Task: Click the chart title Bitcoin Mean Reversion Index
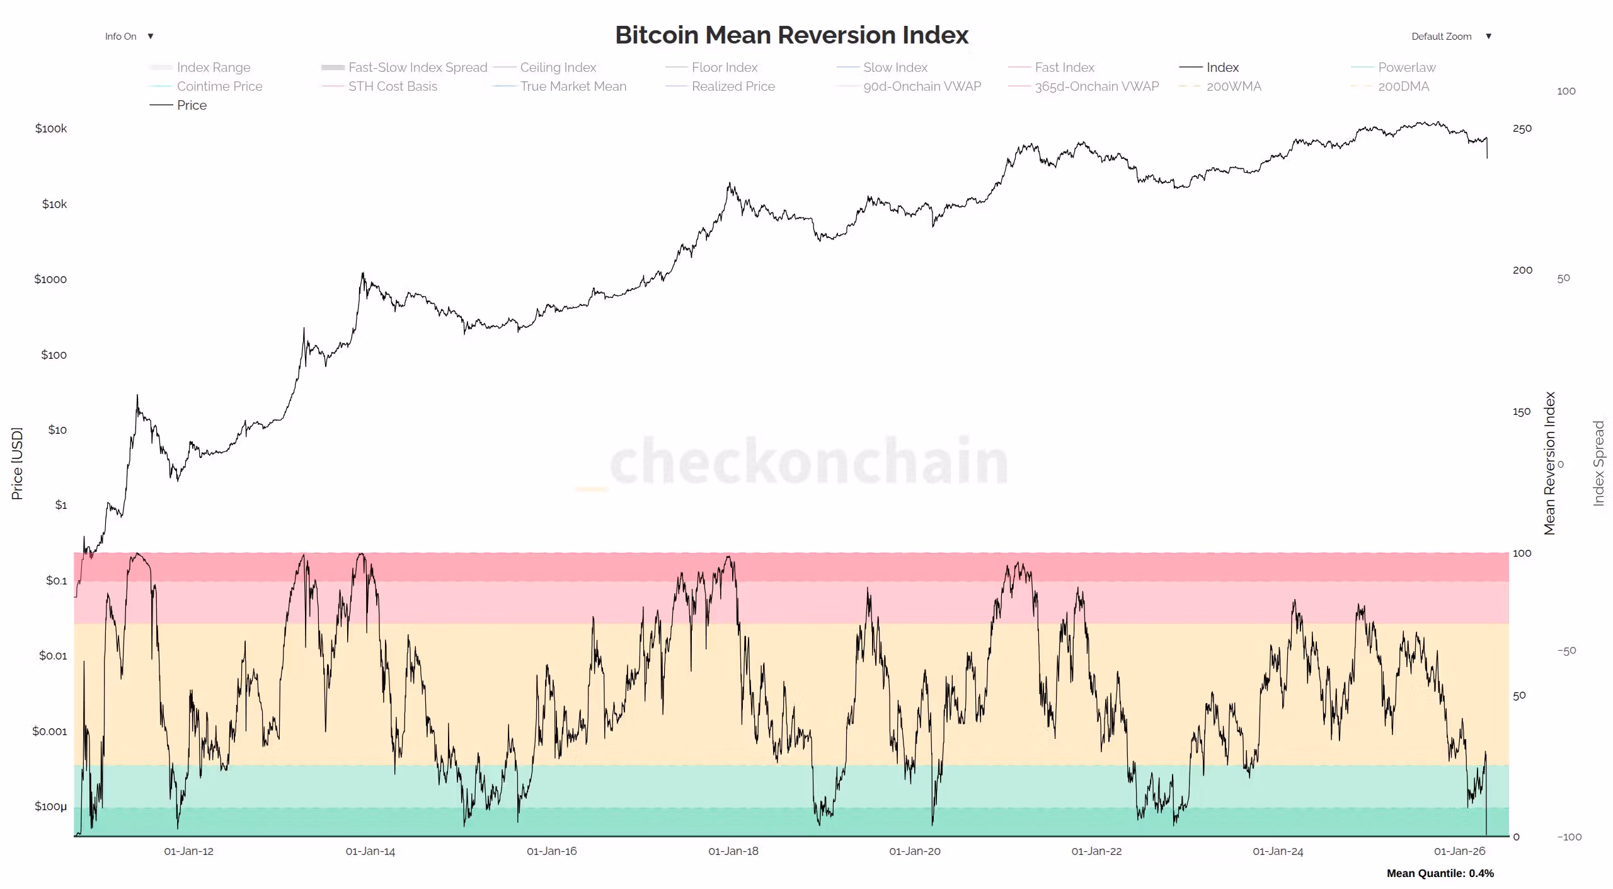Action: pyautogui.click(x=791, y=35)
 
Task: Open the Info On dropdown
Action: pyautogui.click(x=129, y=37)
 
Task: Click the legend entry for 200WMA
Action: pyautogui.click(x=1233, y=86)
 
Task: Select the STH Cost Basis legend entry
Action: pyautogui.click(x=392, y=86)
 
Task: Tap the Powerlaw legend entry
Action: pyautogui.click(x=1406, y=67)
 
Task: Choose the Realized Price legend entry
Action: pyautogui.click(x=733, y=86)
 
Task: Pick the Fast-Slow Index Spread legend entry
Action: pyautogui.click(x=417, y=67)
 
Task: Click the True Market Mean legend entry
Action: pyautogui.click(x=573, y=86)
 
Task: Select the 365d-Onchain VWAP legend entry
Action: pyautogui.click(x=1096, y=86)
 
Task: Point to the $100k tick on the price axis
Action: pyautogui.click(x=51, y=129)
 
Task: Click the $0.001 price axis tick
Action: pyautogui.click(x=49, y=731)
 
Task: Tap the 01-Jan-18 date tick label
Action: pyautogui.click(x=733, y=851)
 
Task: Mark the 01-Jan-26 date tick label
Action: pyautogui.click(x=1459, y=851)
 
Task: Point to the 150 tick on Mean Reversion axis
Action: pyautogui.click(x=1521, y=412)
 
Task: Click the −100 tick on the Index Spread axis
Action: pyautogui.click(x=1569, y=837)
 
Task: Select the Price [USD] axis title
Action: pyautogui.click(x=17, y=463)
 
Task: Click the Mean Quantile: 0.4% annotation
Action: pyautogui.click(x=1440, y=873)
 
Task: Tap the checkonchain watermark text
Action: pyautogui.click(x=808, y=462)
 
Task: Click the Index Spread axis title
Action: pyautogui.click(x=1599, y=463)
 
